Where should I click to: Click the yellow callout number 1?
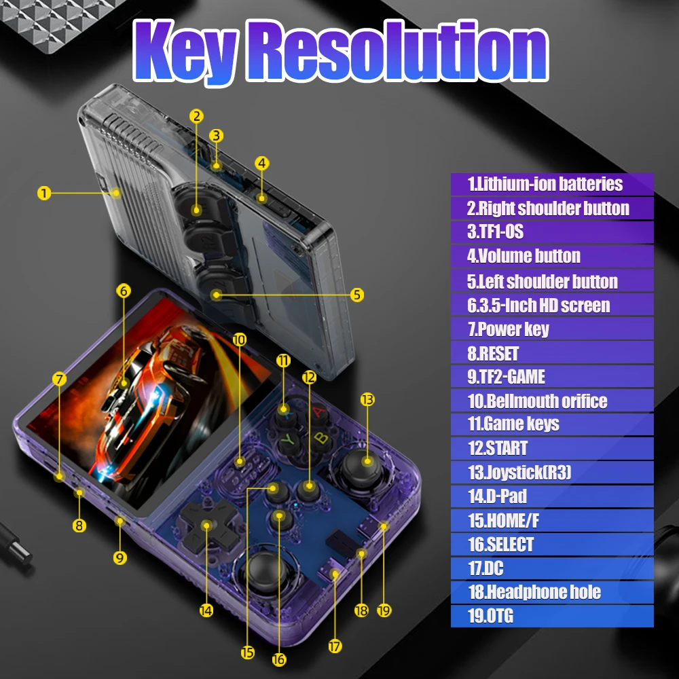pyautogui.click(x=44, y=194)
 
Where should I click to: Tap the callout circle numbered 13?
pyautogui.click(x=367, y=400)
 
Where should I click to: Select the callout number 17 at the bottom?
pyautogui.click(x=335, y=646)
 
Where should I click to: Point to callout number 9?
pyautogui.click(x=120, y=558)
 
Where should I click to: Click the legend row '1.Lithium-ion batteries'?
pyautogui.click(x=551, y=184)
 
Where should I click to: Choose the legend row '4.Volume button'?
pyautogui.click(x=551, y=257)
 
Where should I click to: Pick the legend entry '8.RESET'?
pyautogui.click(x=551, y=354)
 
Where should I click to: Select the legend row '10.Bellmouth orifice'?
pyautogui.click(x=551, y=401)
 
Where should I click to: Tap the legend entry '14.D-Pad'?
pyautogui.click(x=551, y=496)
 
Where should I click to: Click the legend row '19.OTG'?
pyautogui.click(x=551, y=617)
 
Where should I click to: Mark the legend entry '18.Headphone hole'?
pyautogui.click(x=551, y=592)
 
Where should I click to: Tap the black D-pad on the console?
pyautogui.click(x=206, y=525)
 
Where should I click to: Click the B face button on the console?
pyautogui.click(x=320, y=439)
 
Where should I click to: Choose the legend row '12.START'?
pyautogui.click(x=551, y=449)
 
